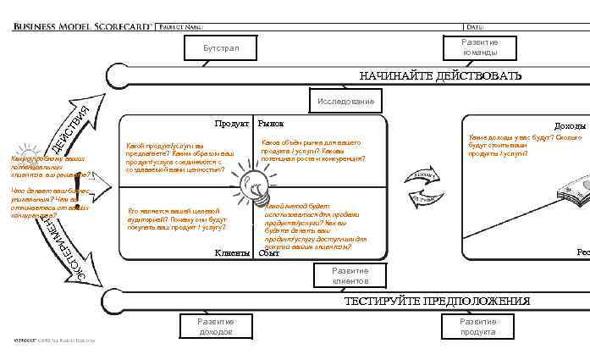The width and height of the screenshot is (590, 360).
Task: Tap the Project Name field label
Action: (181, 27)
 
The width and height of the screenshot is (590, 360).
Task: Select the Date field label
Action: (473, 27)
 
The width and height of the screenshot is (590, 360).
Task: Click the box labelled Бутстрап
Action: (221, 48)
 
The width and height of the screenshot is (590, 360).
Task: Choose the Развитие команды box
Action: (479, 47)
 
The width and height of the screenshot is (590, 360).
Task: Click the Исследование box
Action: (345, 102)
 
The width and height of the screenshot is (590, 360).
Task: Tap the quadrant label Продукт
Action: (231, 125)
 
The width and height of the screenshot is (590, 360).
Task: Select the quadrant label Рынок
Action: (271, 125)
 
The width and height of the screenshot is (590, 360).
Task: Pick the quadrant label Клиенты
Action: (232, 252)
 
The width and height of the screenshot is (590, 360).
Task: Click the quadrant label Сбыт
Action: (269, 252)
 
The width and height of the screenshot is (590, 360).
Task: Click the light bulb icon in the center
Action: (253, 180)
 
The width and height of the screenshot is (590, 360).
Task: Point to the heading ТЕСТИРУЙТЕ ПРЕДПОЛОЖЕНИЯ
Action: (437, 301)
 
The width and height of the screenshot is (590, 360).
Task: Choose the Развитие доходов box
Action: (216, 327)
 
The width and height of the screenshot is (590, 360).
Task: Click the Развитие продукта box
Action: (478, 327)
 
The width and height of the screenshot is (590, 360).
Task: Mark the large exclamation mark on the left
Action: (78, 182)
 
